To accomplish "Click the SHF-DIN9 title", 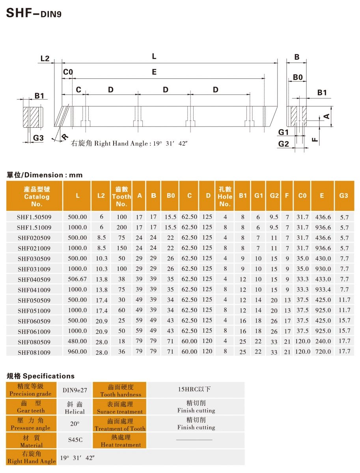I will [x=34, y=13].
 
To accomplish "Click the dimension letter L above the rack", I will [x=154, y=57].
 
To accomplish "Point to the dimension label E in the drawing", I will [x=154, y=72].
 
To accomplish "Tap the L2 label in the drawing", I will [x=45, y=59].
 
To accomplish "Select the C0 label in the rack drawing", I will [x=68, y=72].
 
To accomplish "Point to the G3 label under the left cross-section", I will [x=38, y=138].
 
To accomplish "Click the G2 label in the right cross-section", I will [x=284, y=144].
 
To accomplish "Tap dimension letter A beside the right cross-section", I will [x=326, y=116].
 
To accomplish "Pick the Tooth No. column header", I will [x=121, y=196].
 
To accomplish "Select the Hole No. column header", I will [x=225, y=196].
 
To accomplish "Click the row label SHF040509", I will [x=34, y=279].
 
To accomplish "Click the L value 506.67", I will [x=77, y=279].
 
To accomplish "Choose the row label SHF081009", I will [x=34, y=352].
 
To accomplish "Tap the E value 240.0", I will [x=322, y=341].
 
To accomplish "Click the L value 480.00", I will [x=77, y=341].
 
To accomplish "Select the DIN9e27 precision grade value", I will [x=75, y=390].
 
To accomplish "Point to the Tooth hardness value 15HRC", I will [x=196, y=389].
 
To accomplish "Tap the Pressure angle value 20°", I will [x=75, y=423].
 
